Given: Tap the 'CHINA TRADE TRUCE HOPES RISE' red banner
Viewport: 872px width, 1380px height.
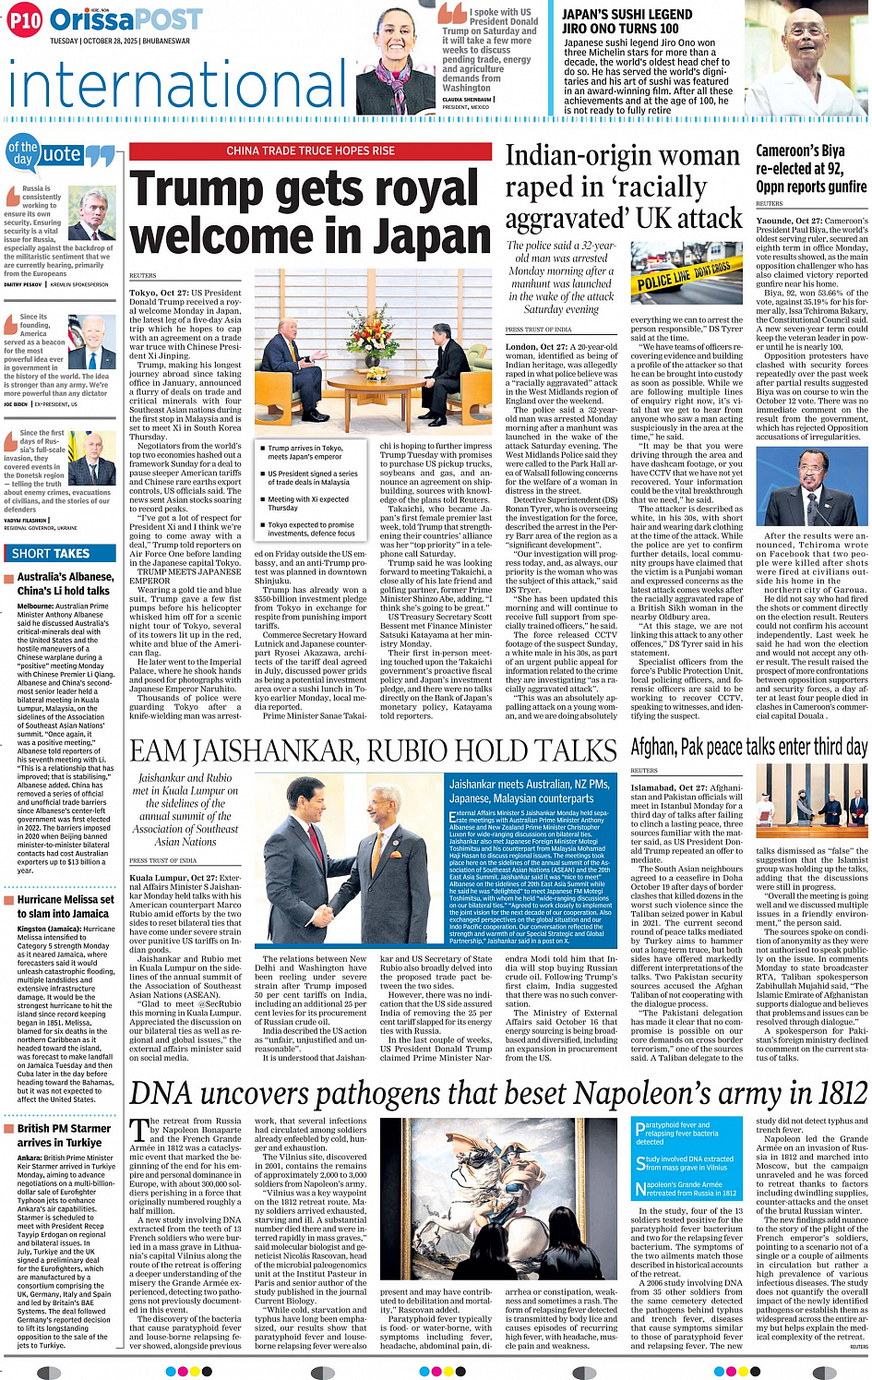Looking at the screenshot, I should pos(310,150).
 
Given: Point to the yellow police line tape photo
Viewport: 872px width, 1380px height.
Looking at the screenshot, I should pos(684,276).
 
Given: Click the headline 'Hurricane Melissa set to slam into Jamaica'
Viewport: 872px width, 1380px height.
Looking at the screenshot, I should pos(65,906).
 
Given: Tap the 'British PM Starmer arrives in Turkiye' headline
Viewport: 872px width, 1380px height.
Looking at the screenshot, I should pos(64,1134).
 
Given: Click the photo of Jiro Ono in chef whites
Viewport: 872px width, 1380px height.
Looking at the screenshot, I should pos(803,54).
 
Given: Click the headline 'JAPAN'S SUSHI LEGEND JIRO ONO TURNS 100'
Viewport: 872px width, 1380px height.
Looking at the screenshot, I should pos(627,21).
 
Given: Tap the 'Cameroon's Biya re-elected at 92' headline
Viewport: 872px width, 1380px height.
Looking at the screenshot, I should pos(799,167).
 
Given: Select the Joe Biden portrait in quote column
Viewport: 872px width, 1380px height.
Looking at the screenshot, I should pos(93,341).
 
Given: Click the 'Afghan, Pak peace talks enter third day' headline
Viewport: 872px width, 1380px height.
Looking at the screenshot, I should pos(747,747).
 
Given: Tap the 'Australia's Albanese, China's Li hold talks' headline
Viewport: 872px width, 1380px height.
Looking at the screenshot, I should pos(65,583).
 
